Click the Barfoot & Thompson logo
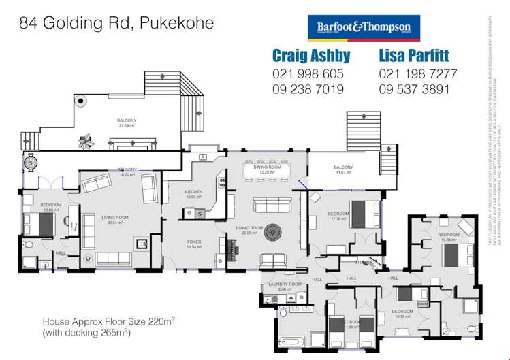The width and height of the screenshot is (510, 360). [364, 29]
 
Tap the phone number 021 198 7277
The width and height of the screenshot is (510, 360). [417, 73]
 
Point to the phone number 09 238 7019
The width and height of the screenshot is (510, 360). [308, 89]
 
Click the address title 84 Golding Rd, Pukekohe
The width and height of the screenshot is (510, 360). [116, 23]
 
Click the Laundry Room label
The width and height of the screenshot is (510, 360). [285, 285]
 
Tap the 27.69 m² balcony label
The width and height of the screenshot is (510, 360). [127, 122]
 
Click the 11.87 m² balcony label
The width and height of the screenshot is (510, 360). [343, 169]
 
